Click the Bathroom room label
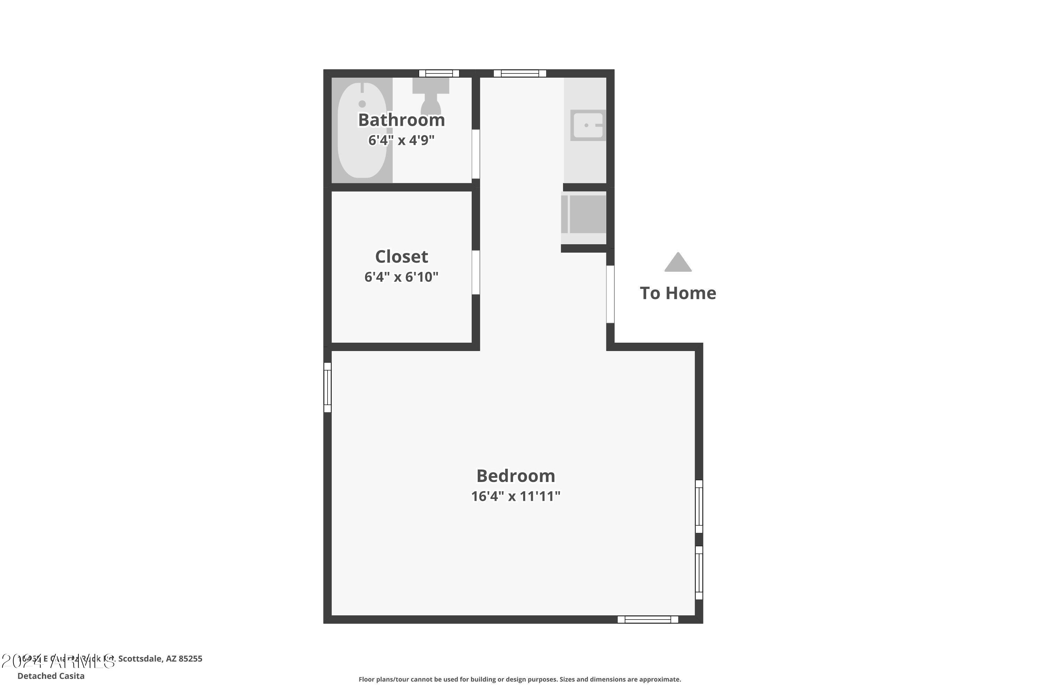pyautogui.click(x=401, y=120)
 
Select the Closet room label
pyautogui.click(x=401, y=256)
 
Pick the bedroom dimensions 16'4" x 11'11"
pyautogui.click(x=515, y=496)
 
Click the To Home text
pyautogui.click(x=677, y=293)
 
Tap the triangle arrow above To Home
pyautogui.click(x=678, y=263)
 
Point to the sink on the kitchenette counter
pyautogui.click(x=588, y=125)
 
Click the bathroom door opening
pyautogui.click(x=476, y=154)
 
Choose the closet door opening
pyautogui.click(x=476, y=272)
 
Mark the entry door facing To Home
pyautogui.click(x=610, y=294)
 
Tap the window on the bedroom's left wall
pyautogui.click(x=328, y=388)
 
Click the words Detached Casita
pyautogui.click(x=51, y=676)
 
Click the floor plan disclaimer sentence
pyautogui.click(x=520, y=679)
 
